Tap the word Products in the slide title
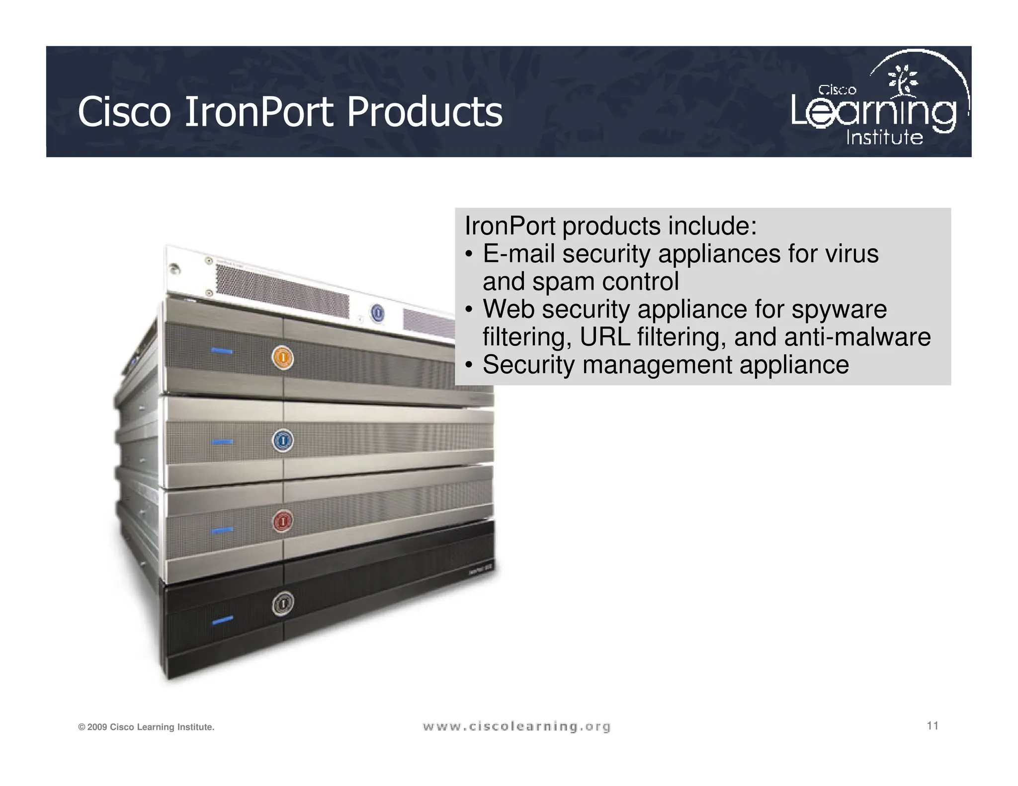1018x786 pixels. pyautogui.click(x=424, y=112)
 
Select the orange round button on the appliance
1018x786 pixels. pyautogui.click(x=282, y=358)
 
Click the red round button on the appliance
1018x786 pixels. pyautogui.click(x=282, y=521)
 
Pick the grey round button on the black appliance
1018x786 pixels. pyautogui.click(x=282, y=603)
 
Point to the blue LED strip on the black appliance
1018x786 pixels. pyautogui.click(x=222, y=621)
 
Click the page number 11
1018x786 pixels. pyautogui.click(x=933, y=726)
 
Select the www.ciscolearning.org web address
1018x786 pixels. pyautogui.click(x=516, y=727)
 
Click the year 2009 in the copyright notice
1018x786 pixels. pyautogui.click(x=97, y=727)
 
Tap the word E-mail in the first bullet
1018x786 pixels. pyautogui.click(x=518, y=254)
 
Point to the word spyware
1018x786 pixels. pyautogui.click(x=839, y=309)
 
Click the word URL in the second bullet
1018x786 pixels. pyautogui.click(x=605, y=337)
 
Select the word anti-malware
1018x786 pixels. pyautogui.click(x=856, y=337)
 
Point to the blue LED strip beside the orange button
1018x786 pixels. pyautogui.click(x=222, y=351)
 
